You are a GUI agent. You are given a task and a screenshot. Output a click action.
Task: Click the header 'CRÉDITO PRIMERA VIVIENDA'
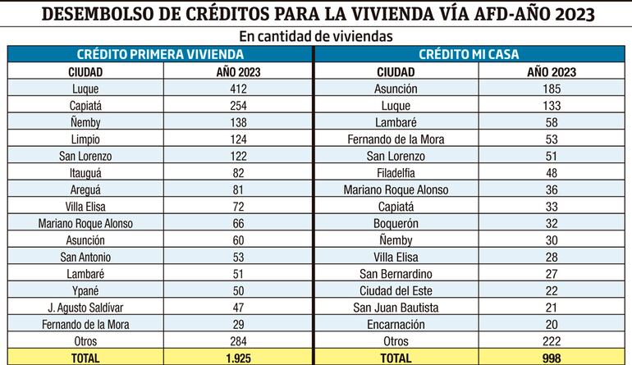(x=160, y=55)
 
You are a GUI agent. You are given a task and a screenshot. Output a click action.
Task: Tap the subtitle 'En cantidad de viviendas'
(x=315, y=36)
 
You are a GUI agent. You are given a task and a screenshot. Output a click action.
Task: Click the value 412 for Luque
(x=239, y=88)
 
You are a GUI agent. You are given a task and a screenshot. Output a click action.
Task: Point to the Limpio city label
(x=85, y=139)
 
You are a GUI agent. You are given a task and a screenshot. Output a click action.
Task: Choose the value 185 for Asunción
(x=551, y=88)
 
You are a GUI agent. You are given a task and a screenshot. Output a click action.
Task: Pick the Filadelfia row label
(x=396, y=173)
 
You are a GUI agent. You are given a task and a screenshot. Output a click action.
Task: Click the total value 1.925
(x=239, y=358)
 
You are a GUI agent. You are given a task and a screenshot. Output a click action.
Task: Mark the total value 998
(x=551, y=358)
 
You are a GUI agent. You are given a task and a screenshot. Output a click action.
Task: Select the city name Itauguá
(x=85, y=173)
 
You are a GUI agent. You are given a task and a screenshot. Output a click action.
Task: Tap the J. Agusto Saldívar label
(x=85, y=308)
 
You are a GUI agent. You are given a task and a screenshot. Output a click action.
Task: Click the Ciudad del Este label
(x=396, y=290)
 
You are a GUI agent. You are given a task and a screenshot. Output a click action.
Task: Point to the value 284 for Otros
(x=239, y=341)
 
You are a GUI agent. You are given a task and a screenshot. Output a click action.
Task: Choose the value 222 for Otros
(x=551, y=341)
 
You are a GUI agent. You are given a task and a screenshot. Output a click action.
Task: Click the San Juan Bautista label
(x=396, y=308)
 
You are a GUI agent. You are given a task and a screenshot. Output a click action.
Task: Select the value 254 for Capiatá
(x=239, y=105)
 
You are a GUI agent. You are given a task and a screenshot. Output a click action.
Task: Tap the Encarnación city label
(x=396, y=324)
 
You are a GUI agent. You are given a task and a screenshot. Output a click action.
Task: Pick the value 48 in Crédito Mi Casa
(x=551, y=173)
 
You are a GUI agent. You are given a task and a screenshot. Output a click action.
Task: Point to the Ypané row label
(x=85, y=290)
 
